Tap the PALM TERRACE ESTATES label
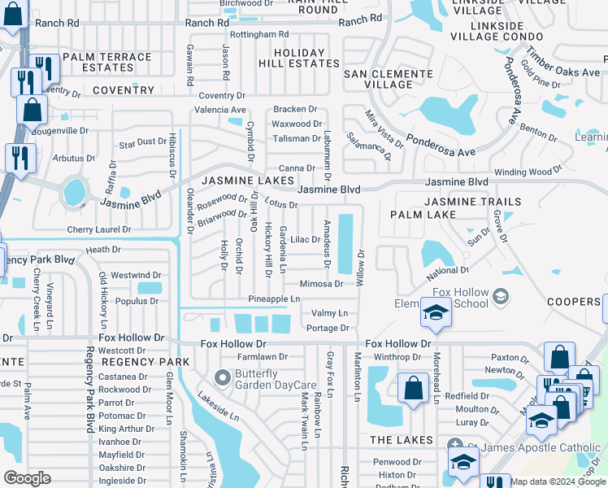point(107,63)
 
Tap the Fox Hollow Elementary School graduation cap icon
point(436,312)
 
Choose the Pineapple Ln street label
point(274,299)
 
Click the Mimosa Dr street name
point(321,284)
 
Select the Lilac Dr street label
point(306,239)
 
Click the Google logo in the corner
point(27,478)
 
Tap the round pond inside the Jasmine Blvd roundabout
point(74,193)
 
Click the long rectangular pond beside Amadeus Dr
point(345,244)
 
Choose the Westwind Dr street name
point(135,275)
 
